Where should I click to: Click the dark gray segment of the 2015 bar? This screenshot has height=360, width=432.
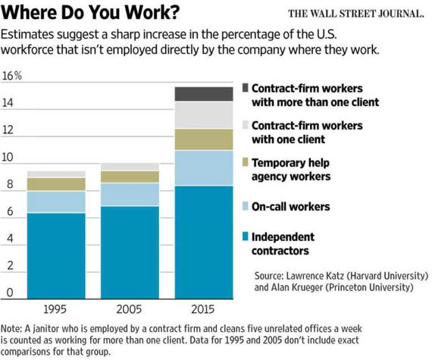(x=204, y=94)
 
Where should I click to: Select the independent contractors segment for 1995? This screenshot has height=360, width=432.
(x=56, y=256)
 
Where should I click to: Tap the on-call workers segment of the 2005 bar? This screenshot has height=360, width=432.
(x=130, y=195)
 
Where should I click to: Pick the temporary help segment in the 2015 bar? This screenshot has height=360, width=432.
(x=204, y=139)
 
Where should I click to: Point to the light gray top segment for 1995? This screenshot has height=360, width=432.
(x=56, y=174)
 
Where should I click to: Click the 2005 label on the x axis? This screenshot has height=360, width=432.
(x=129, y=309)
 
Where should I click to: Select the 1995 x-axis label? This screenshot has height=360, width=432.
(x=55, y=309)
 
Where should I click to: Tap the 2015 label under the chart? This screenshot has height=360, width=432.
(x=203, y=309)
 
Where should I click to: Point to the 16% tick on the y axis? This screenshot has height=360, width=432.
(x=11, y=76)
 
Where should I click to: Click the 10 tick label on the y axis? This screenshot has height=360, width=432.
(x=8, y=157)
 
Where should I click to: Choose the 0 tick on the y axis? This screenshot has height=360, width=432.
(x=10, y=293)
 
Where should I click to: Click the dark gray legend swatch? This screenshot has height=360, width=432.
(x=246, y=88)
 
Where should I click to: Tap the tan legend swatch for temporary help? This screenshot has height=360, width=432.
(x=246, y=162)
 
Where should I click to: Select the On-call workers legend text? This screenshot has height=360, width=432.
(x=291, y=207)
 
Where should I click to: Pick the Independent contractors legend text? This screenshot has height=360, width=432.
(x=283, y=244)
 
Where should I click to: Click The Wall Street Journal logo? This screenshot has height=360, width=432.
(x=356, y=14)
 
